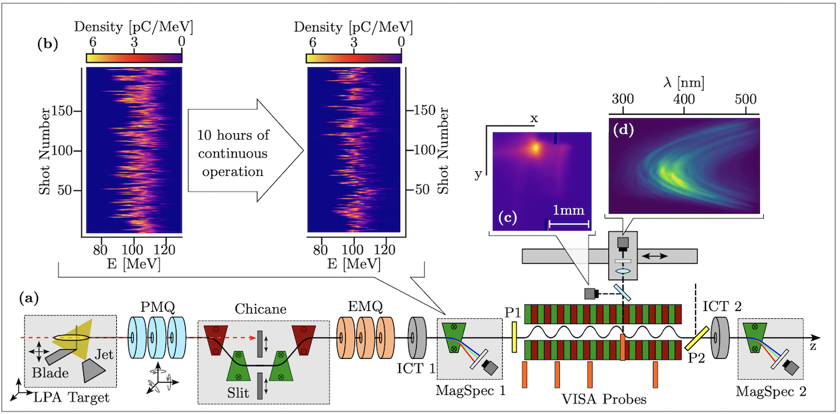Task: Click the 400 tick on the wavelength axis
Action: (684, 100)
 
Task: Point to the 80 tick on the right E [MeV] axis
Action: (321, 250)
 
